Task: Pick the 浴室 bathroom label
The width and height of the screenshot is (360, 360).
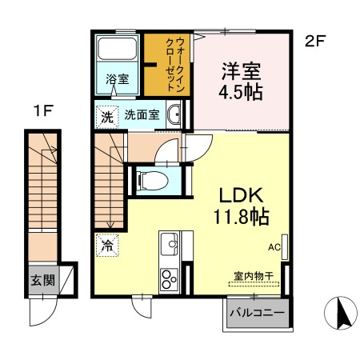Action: point(117,80)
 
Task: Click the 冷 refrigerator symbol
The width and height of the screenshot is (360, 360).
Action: point(106,246)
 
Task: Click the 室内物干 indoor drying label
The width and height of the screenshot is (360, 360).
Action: point(254,275)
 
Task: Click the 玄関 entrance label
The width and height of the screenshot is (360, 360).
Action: point(43,281)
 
